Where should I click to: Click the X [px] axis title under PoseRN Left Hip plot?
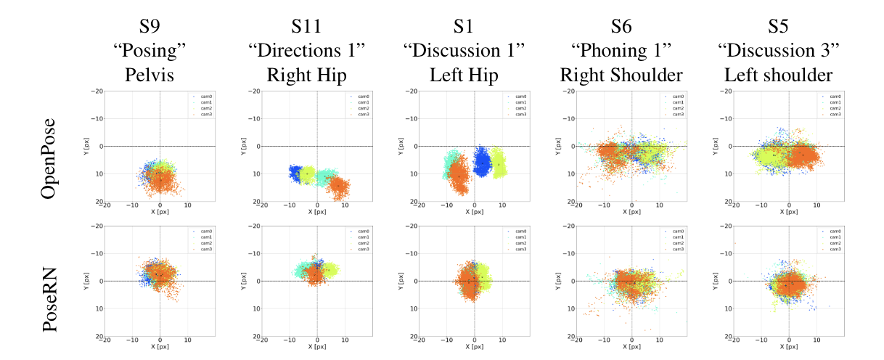coord(474,347)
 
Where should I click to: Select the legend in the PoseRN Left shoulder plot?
coord(831,240)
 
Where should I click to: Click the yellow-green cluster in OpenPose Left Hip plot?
coord(499,163)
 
